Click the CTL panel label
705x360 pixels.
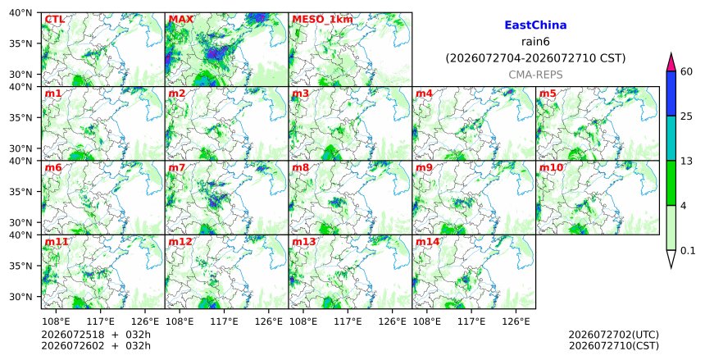tap(54, 20)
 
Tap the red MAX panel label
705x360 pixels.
tap(180, 20)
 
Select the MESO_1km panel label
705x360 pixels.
tap(322, 20)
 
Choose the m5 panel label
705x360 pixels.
tap(548, 93)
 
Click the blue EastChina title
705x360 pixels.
tap(535, 25)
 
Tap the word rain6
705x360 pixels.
tap(535, 42)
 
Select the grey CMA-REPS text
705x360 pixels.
tap(535, 75)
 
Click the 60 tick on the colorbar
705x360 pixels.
tap(686, 71)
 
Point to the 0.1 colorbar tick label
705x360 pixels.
tap(688, 251)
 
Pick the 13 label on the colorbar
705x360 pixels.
tap(686, 161)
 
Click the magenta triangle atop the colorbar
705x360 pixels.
tap(671, 62)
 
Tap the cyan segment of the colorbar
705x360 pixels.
tap(671, 138)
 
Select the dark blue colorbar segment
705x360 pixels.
tap(671, 93)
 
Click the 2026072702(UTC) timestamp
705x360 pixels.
tap(614, 335)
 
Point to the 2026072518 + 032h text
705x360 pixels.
tap(96, 335)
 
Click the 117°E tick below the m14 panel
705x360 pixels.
tap(471, 321)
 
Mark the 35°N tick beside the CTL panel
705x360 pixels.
tap(20, 43)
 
